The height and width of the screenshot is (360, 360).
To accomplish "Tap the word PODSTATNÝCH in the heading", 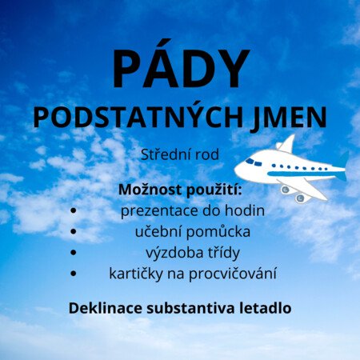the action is [x=138, y=118].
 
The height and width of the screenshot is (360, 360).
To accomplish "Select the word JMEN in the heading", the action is [x=288, y=118].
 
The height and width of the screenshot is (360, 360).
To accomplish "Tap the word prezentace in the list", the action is [x=159, y=211].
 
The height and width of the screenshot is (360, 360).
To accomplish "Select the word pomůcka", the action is [x=218, y=231].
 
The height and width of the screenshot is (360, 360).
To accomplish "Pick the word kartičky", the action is [x=136, y=274].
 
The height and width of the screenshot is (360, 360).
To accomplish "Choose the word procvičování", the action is [x=233, y=274].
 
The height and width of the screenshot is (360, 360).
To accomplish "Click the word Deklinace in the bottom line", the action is [x=106, y=308].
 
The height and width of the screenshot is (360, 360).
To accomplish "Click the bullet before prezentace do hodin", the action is [x=74, y=210].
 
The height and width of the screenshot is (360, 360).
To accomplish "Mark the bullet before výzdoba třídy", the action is [x=74, y=253].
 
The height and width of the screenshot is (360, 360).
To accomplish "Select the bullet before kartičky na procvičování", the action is [x=74, y=274].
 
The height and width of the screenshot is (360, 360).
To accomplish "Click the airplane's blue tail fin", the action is [x=343, y=160].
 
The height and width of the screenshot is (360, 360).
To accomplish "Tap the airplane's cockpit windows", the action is [x=254, y=162].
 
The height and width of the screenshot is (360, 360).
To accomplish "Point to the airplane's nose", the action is [x=237, y=170].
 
